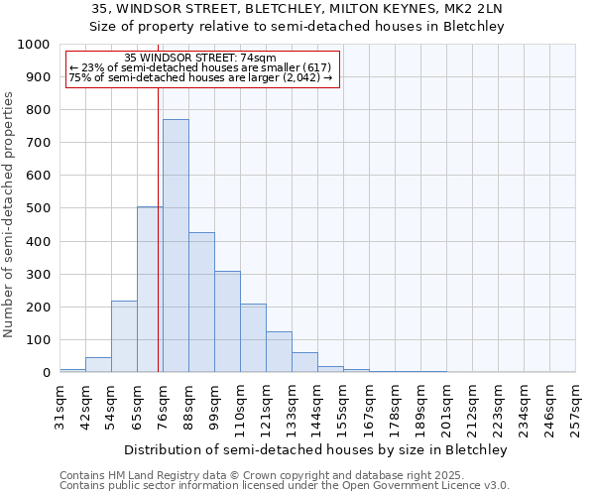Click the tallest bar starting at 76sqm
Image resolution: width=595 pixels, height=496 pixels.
(x=176, y=246)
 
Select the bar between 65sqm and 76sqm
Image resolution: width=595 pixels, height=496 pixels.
(x=150, y=290)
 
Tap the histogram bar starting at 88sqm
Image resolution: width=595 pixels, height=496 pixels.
(x=201, y=303)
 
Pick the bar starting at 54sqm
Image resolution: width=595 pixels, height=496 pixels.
(x=124, y=336)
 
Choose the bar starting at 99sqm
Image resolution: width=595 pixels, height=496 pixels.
(x=227, y=321)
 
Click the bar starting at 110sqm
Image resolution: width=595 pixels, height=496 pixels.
(x=253, y=338)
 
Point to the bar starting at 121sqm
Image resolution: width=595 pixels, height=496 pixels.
(x=279, y=352)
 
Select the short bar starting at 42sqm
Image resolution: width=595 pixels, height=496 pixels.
(x=98, y=364)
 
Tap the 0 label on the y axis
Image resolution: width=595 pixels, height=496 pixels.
(x=46, y=373)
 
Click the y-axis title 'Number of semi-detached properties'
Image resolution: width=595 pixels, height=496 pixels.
(x=10, y=213)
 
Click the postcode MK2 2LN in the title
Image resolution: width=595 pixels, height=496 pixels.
(x=470, y=9)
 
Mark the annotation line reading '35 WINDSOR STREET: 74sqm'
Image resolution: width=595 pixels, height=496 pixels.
(x=200, y=59)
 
